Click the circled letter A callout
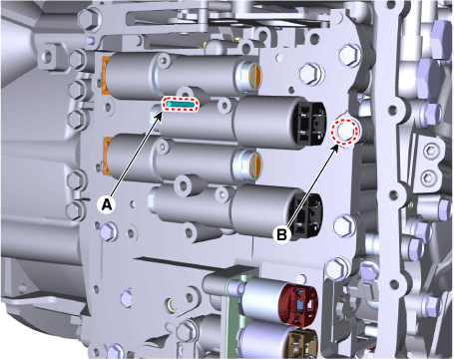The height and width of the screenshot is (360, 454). [106, 204]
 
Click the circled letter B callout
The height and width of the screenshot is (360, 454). [281, 234]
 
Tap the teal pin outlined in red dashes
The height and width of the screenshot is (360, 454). [180, 105]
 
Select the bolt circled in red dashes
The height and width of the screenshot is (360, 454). [345, 132]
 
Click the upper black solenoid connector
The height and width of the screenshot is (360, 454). [311, 124]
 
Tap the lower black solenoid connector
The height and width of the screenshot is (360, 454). [306, 215]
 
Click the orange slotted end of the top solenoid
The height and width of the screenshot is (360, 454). [255, 77]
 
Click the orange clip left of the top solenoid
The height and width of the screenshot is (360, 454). [105, 76]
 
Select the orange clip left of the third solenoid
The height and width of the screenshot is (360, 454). [106, 156]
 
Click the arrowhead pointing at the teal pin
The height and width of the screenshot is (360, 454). [160, 115]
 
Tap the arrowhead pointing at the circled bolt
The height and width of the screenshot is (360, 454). [336, 148]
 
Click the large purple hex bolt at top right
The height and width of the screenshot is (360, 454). [442, 39]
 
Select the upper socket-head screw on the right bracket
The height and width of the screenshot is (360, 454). [430, 152]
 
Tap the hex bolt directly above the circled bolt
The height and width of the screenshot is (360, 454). [349, 54]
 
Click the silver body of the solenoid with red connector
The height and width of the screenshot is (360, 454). [261, 300]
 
